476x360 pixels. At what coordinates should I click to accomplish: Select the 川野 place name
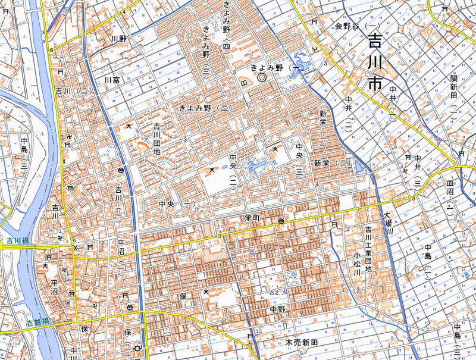point(119,39)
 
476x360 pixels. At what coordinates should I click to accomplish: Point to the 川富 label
point(112,79)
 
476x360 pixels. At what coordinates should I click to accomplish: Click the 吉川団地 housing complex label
point(157,138)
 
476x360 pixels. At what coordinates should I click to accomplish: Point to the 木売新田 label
point(302,343)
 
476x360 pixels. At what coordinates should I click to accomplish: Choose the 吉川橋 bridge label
point(18,241)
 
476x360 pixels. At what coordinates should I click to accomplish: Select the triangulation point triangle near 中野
point(272,293)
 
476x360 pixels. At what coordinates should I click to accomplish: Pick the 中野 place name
point(277,309)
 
